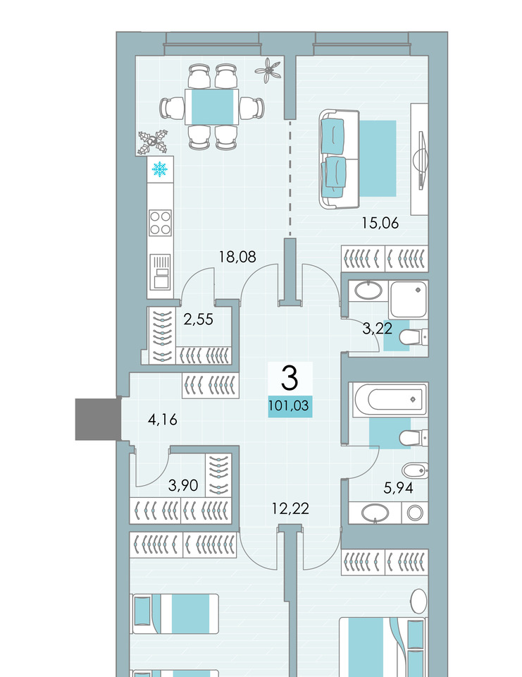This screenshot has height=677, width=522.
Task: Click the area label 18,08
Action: coord(237,257)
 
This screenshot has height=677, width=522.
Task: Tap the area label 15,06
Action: coord(380,223)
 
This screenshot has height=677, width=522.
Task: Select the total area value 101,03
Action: coord(289,406)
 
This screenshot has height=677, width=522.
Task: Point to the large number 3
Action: coord(290,377)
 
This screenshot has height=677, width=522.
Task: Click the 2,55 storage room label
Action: coord(199,319)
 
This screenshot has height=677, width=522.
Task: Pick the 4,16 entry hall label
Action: coord(163,419)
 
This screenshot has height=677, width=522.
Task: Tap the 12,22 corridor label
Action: coord(290,508)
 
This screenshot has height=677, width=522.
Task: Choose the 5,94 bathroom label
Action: coord(399,488)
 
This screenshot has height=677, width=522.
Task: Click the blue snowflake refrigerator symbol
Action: coord(160,169)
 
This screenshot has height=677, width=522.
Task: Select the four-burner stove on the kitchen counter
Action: coord(160,223)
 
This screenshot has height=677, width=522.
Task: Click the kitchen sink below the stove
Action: coord(160,272)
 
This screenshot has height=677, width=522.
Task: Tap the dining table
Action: coord(212,106)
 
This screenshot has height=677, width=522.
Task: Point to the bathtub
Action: coord(390,399)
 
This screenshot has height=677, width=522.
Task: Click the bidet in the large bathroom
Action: coord(415,470)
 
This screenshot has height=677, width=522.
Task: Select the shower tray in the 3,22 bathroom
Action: coord(408,299)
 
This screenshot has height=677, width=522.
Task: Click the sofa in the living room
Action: coord(340,159)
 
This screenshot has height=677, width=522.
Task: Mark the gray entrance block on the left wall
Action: coord(98,419)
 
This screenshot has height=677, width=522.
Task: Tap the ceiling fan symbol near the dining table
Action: coord(268,70)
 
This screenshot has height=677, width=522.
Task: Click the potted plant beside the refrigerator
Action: coord(152,142)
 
